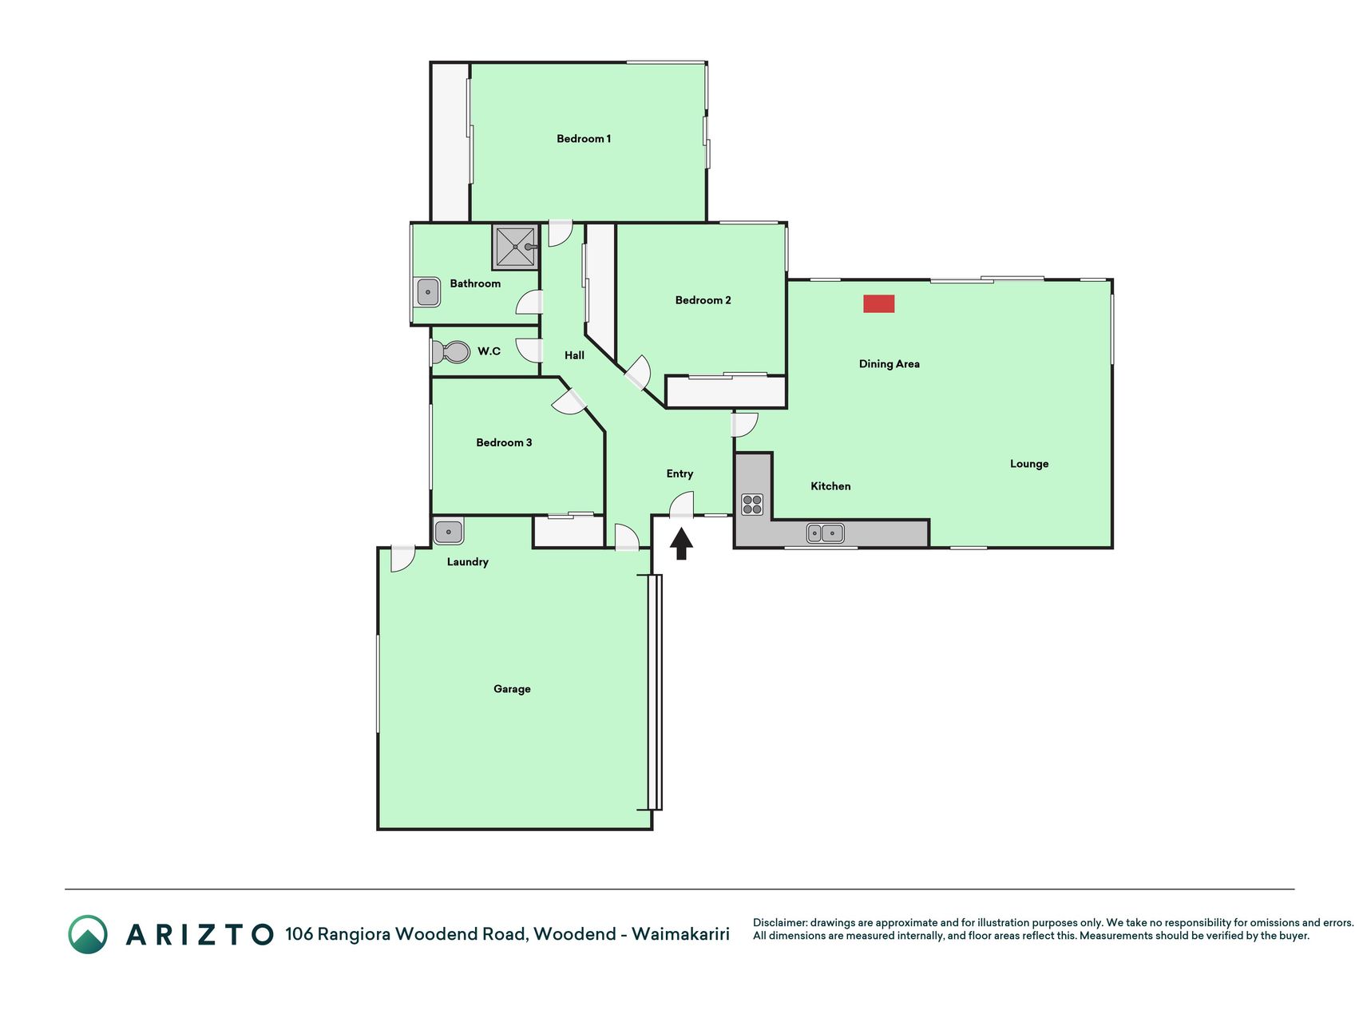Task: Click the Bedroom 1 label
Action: (584, 139)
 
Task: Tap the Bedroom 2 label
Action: (703, 300)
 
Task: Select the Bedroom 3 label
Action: (504, 442)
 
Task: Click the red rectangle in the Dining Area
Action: (878, 303)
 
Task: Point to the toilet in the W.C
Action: (450, 351)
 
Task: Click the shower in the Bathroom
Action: (515, 247)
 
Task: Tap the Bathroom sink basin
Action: (428, 292)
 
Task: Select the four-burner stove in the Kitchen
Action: (752, 504)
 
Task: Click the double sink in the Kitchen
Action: (825, 533)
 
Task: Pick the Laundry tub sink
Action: (449, 531)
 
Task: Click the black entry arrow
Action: (681, 544)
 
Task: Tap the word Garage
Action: (512, 689)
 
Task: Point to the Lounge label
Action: (1029, 464)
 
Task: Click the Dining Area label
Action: (890, 364)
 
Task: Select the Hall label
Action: (574, 355)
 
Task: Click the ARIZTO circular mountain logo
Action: (88, 934)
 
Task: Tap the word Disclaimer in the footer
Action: (779, 923)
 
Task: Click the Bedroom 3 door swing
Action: (569, 404)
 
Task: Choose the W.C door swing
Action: (529, 351)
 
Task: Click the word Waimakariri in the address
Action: (680, 934)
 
